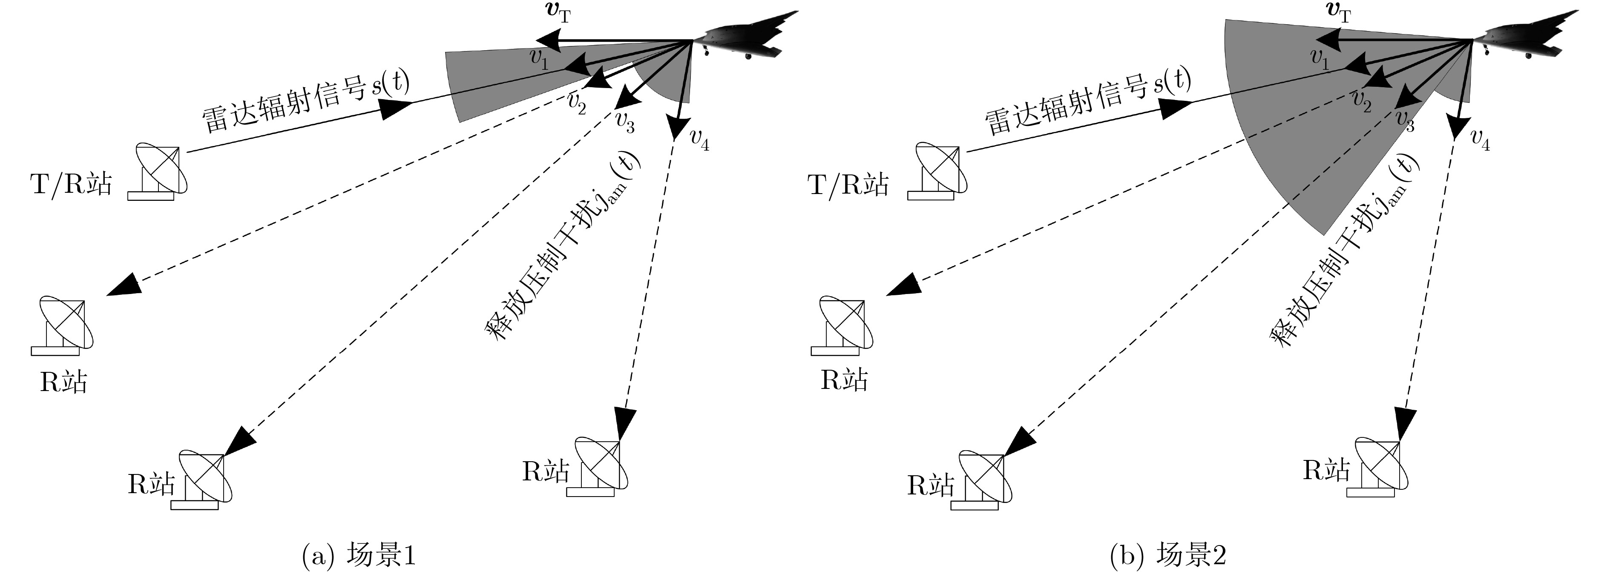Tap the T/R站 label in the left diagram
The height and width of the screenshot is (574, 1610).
click(x=71, y=184)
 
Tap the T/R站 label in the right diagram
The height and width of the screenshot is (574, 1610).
click(x=848, y=185)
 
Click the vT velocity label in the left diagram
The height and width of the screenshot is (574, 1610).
click(x=556, y=12)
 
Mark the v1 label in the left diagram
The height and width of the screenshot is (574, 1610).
click(x=539, y=58)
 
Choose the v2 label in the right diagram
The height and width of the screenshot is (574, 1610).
click(x=1361, y=101)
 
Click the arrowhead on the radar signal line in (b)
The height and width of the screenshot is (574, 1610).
click(x=1176, y=107)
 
